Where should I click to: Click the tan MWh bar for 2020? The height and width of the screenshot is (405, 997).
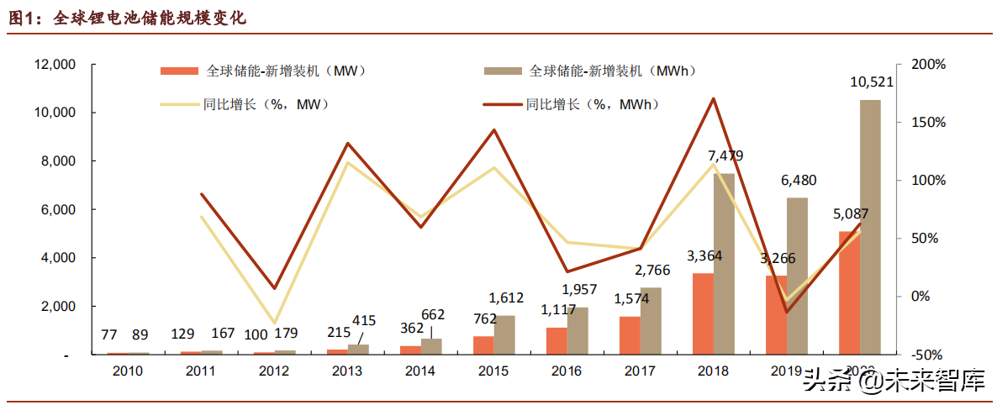pyautogui.click(x=870, y=227)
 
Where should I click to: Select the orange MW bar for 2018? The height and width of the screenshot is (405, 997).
pyautogui.click(x=703, y=313)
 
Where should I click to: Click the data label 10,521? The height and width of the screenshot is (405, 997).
pyautogui.click(x=872, y=82)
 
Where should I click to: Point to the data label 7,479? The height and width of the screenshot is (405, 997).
pyautogui.click(x=725, y=156)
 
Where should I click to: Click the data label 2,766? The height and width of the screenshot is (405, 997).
pyautogui.click(x=651, y=271)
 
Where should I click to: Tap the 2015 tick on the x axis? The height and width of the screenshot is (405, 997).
pyautogui.click(x=493, y=371)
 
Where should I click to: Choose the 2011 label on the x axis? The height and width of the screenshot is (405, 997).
pyautogui.click(x=201, y=371)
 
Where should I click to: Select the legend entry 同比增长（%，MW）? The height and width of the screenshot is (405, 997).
pyautogui.click(x=244, y=105)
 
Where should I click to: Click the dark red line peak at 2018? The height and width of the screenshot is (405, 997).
pyautogui.click(x=713, y=98)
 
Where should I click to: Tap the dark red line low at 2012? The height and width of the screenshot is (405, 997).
pyautogui.click(x=274, y=288)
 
